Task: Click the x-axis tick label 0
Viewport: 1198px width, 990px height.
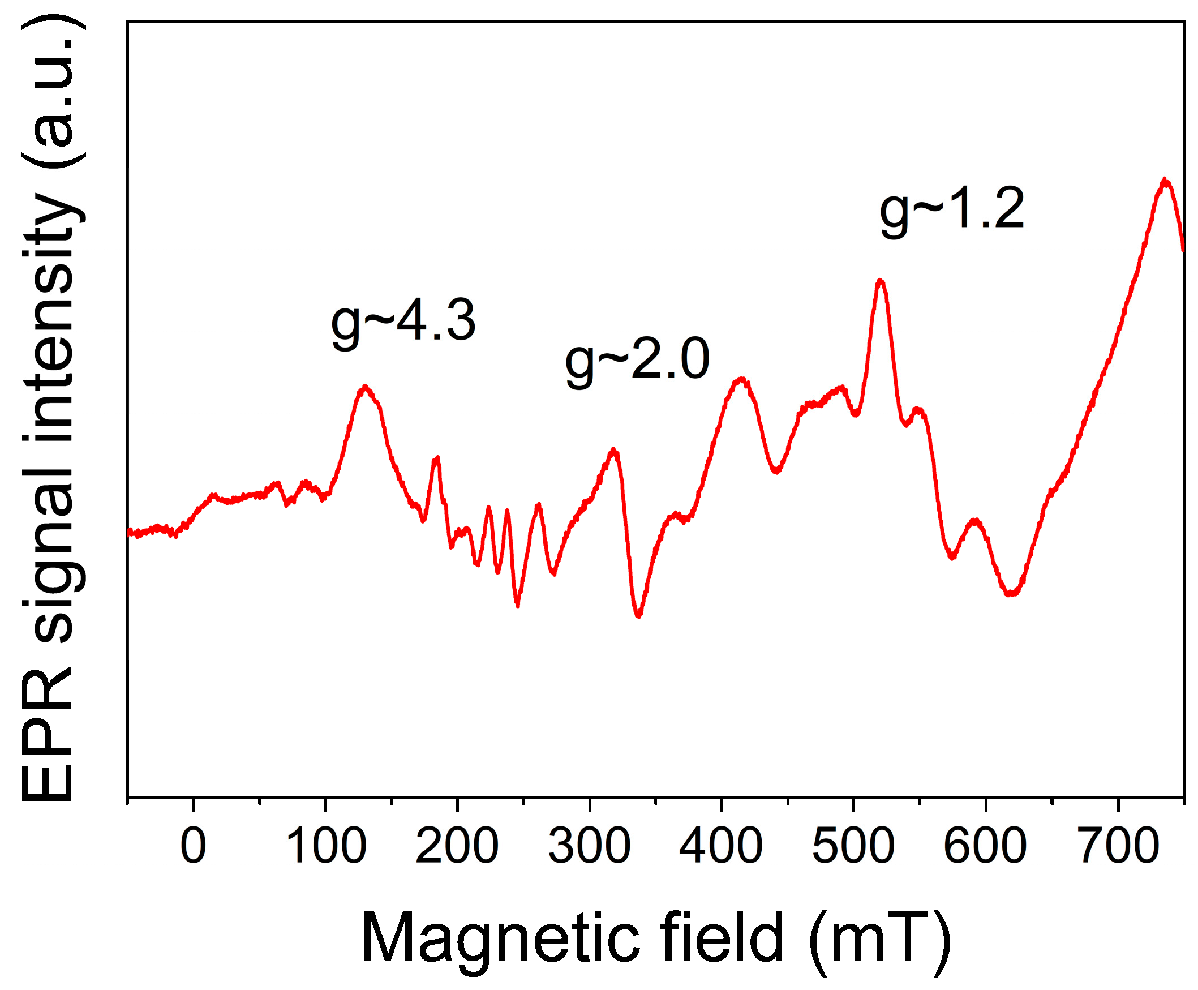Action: tap(194, 846)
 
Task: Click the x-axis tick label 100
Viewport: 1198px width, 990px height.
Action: tap(325, 846)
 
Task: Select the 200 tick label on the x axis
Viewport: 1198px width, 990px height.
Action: tap(457, 846)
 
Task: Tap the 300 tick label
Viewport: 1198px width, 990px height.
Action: tap(589, 846)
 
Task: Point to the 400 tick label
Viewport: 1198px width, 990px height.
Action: tap(721, 846)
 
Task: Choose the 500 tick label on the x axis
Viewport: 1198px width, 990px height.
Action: tap(853, 846)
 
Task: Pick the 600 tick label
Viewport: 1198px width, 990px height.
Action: tap(985, 846)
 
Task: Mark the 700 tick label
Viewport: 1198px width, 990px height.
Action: tap(1117, 846)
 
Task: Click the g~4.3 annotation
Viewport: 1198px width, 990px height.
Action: tap(403, 323)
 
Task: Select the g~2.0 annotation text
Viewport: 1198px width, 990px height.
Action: tap(637, 361)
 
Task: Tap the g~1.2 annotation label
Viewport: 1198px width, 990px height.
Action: tap(952, 211)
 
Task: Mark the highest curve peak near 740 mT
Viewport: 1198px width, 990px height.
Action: tap(1165, 180)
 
